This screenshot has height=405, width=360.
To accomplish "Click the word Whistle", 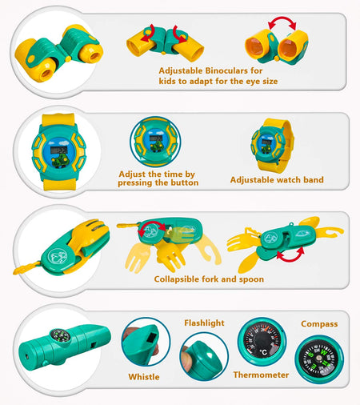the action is click(144, 377).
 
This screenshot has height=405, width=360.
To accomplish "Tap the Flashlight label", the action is click(204, 323).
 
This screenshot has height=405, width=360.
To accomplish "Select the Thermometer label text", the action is click(261, 375).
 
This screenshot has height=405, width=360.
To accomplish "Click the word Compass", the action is click(319, 324).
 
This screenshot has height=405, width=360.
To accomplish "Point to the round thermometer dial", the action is click(262, 341).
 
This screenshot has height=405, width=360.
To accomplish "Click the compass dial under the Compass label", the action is click(319, 359).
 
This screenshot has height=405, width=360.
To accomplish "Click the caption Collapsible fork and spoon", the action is click(209, 279).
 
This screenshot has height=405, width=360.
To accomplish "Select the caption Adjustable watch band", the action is click(277, 180).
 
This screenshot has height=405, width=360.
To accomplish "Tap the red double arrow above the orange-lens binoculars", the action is click(282, 22).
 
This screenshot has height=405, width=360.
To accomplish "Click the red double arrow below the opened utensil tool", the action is click(290, 255).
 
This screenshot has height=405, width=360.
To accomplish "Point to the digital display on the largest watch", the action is click(58, 150).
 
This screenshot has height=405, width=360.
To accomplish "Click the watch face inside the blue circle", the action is click(155, 142).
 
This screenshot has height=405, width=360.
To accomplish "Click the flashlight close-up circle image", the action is click(204, 356).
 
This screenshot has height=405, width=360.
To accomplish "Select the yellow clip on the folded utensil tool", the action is click(26, 268).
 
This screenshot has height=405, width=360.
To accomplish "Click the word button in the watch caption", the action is click(185, 182).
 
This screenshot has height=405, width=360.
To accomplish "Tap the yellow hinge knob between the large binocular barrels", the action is click(68, 59).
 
